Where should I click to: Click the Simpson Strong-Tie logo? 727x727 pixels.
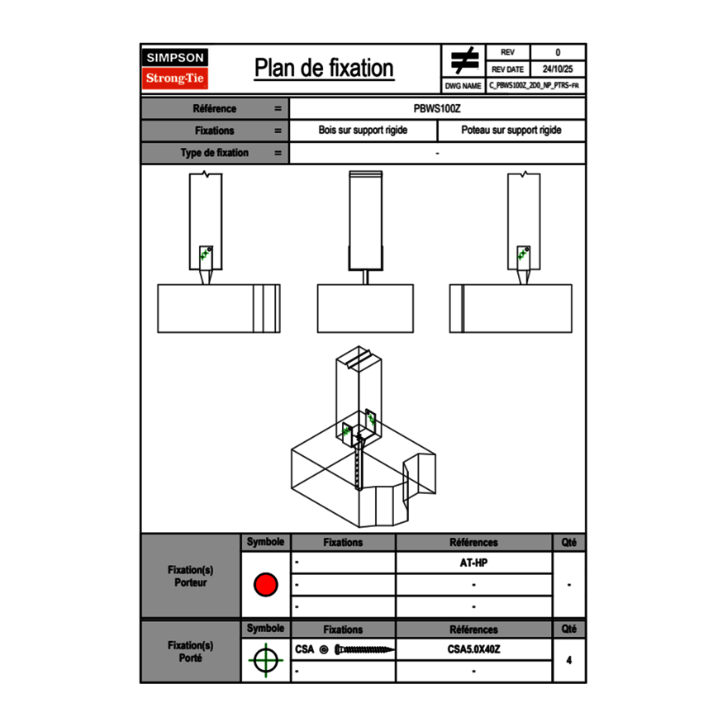coord(175,69)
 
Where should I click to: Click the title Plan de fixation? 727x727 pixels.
coord(324,68)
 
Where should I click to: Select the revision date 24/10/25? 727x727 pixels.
coord(558,69)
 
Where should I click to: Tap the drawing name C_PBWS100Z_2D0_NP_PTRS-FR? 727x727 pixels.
coord(535,85)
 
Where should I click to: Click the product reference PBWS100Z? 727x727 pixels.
coord(437,108)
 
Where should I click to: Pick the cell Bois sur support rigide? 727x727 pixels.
coord(363,131)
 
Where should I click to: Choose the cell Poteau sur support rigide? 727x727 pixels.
coord(511,131)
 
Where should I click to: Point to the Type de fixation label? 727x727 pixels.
coord(214,153)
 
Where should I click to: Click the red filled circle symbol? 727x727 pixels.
coord(265,585)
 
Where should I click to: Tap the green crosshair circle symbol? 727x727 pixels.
coord(264,661)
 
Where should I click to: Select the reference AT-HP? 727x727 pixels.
coord(473,563)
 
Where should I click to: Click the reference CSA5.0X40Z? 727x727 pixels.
coord(473,649)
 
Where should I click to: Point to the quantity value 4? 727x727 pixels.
coord(569,660)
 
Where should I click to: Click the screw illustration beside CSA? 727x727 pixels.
coord(364,650)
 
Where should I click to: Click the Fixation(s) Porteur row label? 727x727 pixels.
coord(190,576)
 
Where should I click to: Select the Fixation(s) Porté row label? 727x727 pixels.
coord(190,652)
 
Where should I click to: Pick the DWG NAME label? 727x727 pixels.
coord(463,85)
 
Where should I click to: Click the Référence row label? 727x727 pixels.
coord(214,108)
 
